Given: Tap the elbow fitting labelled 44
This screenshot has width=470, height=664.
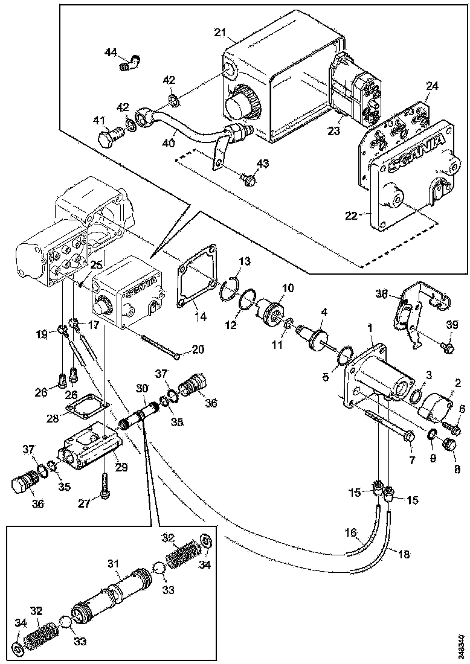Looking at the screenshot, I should (127, 62).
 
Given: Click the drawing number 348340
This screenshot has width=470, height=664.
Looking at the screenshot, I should (462, 645).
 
